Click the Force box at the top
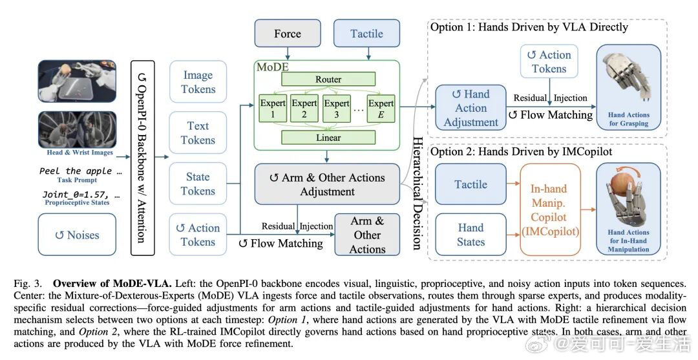click(287, 34)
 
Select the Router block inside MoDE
click(328, 79)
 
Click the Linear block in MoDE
click(328, 138)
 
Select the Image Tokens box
click(198, 82)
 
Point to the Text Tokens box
click(198, 133)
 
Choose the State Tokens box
click(198, 184)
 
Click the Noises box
click(78, 235)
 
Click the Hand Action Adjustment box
click(471, 108)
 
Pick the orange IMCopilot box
click(549, 210)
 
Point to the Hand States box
click(471, 235)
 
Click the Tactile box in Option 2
click(471, 184)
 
